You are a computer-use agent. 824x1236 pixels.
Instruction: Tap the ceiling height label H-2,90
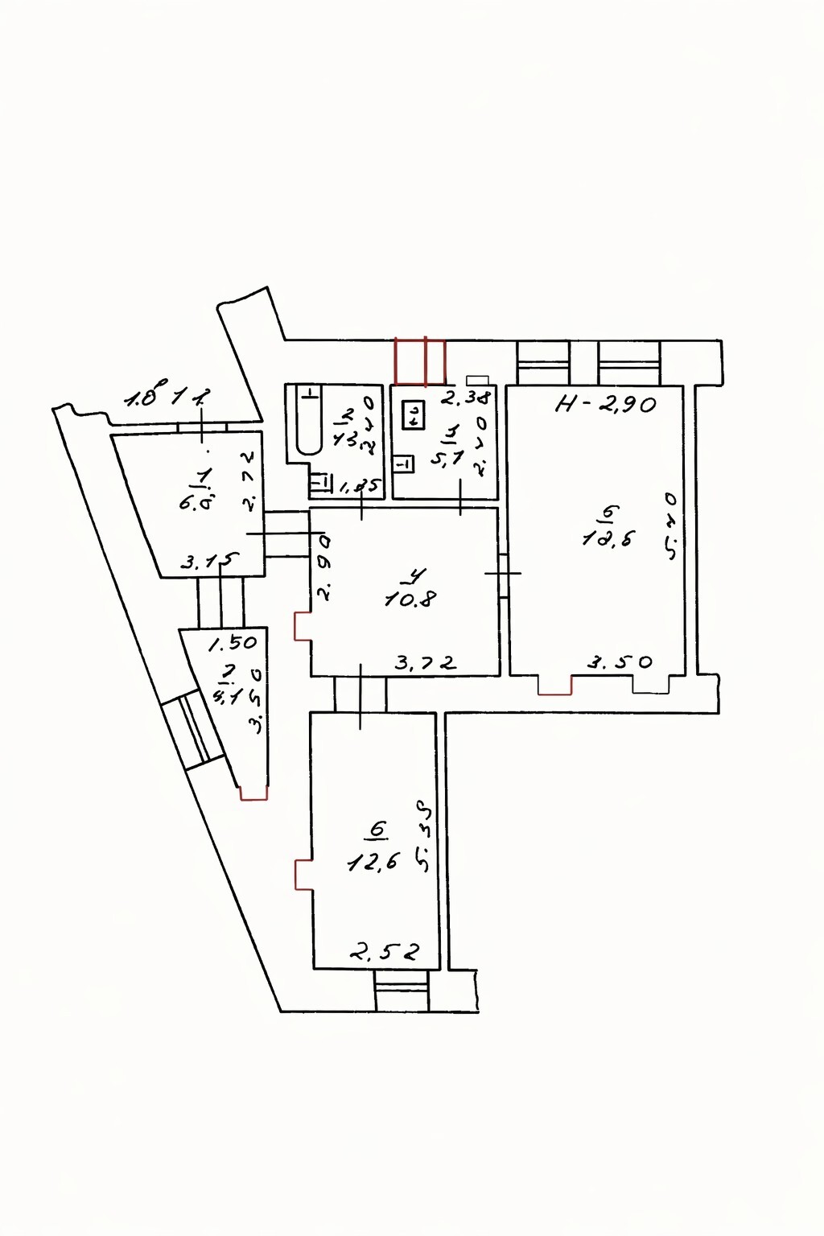tap(607, 404)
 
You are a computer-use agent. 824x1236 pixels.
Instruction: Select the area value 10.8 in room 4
tap(410, 599)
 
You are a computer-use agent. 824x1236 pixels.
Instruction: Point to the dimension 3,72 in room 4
tap(426, 663)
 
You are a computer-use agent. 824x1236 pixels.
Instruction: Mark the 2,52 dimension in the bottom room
tap(384, 953)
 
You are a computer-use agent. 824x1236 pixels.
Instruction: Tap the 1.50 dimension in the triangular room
tap(233, 643)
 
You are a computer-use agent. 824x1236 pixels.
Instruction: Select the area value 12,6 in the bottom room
tap(373, 863)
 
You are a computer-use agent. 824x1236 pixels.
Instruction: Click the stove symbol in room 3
tap(414, 414)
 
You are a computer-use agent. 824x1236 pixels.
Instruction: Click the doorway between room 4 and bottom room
tap(360, 694)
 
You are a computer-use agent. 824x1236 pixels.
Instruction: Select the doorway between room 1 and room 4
tap(287, 534)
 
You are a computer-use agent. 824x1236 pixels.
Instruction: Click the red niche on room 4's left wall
tap(303, 627)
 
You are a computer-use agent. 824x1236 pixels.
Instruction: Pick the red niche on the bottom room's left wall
tap(303, 875)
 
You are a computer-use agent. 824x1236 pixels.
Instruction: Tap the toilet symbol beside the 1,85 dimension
tap(321, 483)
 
